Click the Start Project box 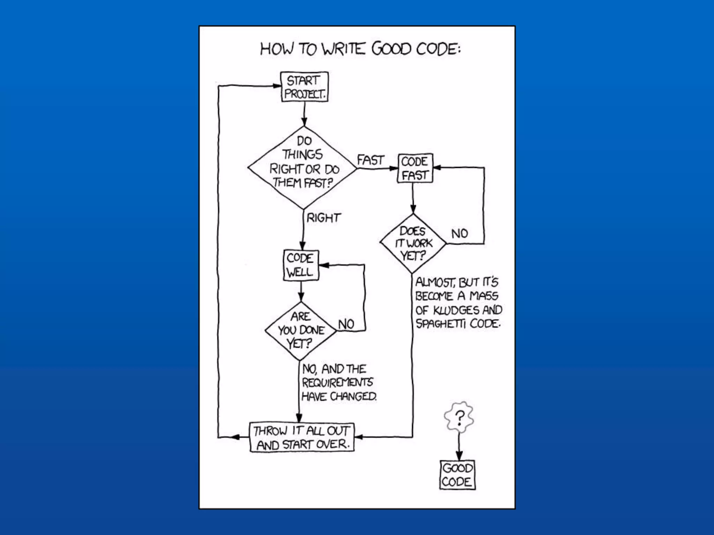point(304,87)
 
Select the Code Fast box point(415,168)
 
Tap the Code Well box point(301,265)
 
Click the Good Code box point(457,475)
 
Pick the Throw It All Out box point(302,437)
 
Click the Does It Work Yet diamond point(413,243)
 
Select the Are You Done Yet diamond point(301,330)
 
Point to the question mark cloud point(459,417)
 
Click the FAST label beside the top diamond point(370,160)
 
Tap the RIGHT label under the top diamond point(323,218)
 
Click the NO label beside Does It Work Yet point(459,233)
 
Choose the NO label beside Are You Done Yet point(346,324)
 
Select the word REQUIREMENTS point(337,382)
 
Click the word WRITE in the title point(343,49)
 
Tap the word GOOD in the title point(392,49)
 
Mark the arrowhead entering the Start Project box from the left point(277,86)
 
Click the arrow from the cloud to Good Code point(459,448)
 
